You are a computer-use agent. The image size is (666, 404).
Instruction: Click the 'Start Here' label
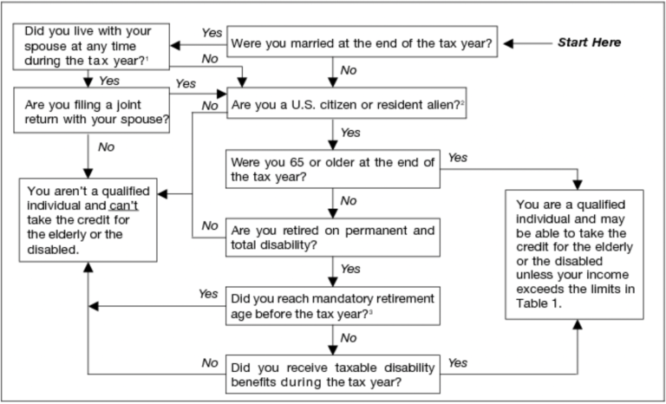[588, 42]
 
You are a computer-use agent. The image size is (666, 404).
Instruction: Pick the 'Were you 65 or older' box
[334, 167]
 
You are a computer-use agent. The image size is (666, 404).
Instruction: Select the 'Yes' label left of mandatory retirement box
[208, 294]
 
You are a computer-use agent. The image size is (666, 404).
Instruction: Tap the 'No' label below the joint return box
[106, 147]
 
